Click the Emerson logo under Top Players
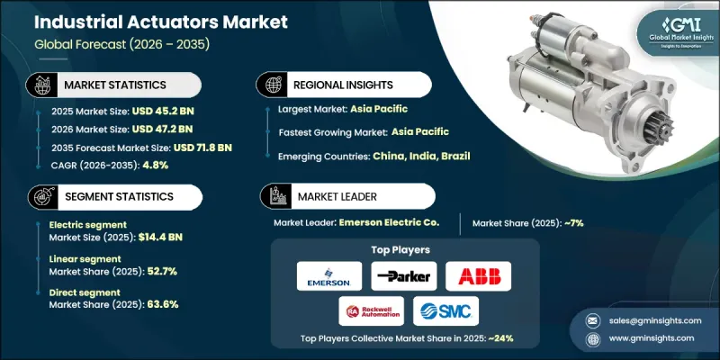tap(328, 274)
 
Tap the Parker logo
tap(402, 274)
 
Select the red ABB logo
tap(477, 274)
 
